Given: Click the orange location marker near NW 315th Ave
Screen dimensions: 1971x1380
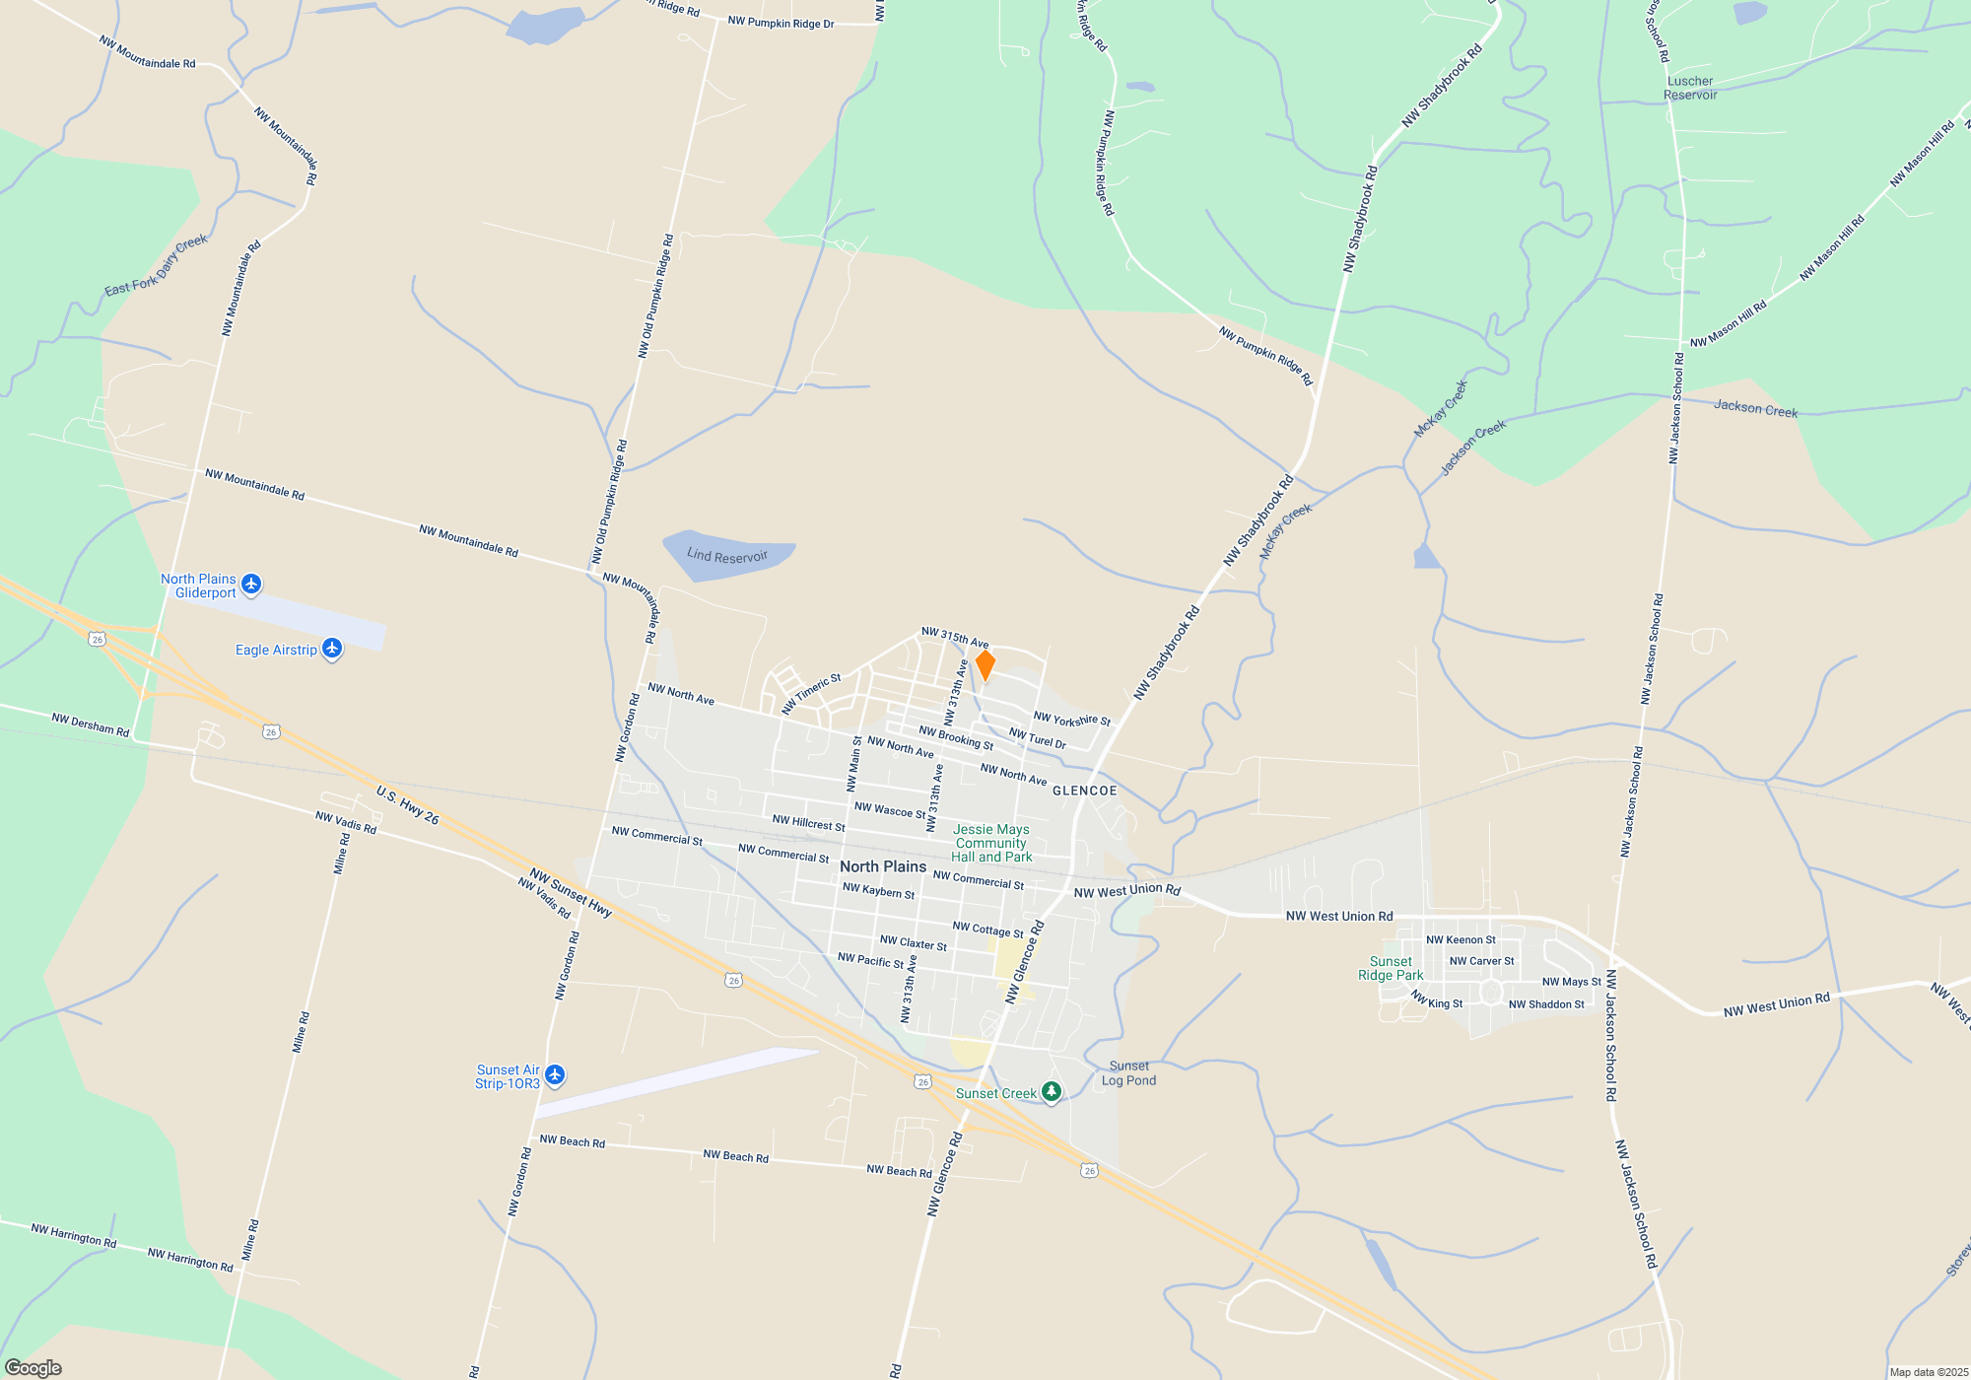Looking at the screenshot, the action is (985, 664).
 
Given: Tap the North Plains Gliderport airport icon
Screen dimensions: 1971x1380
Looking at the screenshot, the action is (251, 585).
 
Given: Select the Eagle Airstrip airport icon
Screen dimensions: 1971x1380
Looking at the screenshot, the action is (332, 649).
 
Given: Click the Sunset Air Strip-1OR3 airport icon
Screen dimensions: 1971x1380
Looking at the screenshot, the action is (555, 1074).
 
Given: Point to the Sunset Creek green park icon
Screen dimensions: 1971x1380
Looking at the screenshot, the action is (1052, 1091).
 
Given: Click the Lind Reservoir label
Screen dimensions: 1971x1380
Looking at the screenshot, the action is (727, 556).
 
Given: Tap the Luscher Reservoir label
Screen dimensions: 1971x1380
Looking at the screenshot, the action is (1690, 88).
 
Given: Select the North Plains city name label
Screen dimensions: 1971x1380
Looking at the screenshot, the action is (883, 866).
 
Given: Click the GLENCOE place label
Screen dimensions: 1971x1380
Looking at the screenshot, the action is (1085, 791).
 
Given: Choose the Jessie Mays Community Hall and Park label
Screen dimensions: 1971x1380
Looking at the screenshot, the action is (991, 844).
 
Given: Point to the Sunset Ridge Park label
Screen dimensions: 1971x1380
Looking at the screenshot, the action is (1391, 968).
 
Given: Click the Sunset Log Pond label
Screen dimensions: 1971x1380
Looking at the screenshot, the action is (1128, 1073).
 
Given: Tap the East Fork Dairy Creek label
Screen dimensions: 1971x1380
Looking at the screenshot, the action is (157, 265).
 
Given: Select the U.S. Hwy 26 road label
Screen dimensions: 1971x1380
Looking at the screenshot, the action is (407, 804).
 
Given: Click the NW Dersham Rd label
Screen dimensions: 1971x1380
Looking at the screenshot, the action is (91, 725).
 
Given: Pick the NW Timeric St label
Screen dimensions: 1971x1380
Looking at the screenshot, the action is (811, 693).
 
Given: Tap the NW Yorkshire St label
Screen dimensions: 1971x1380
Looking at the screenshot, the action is (1072, 720).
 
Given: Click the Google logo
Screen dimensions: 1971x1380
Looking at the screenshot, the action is (34, 1368).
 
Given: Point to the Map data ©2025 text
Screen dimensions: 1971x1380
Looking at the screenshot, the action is (1929, 1372).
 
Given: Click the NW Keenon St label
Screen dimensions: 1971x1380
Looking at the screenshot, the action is (1461, 939).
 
